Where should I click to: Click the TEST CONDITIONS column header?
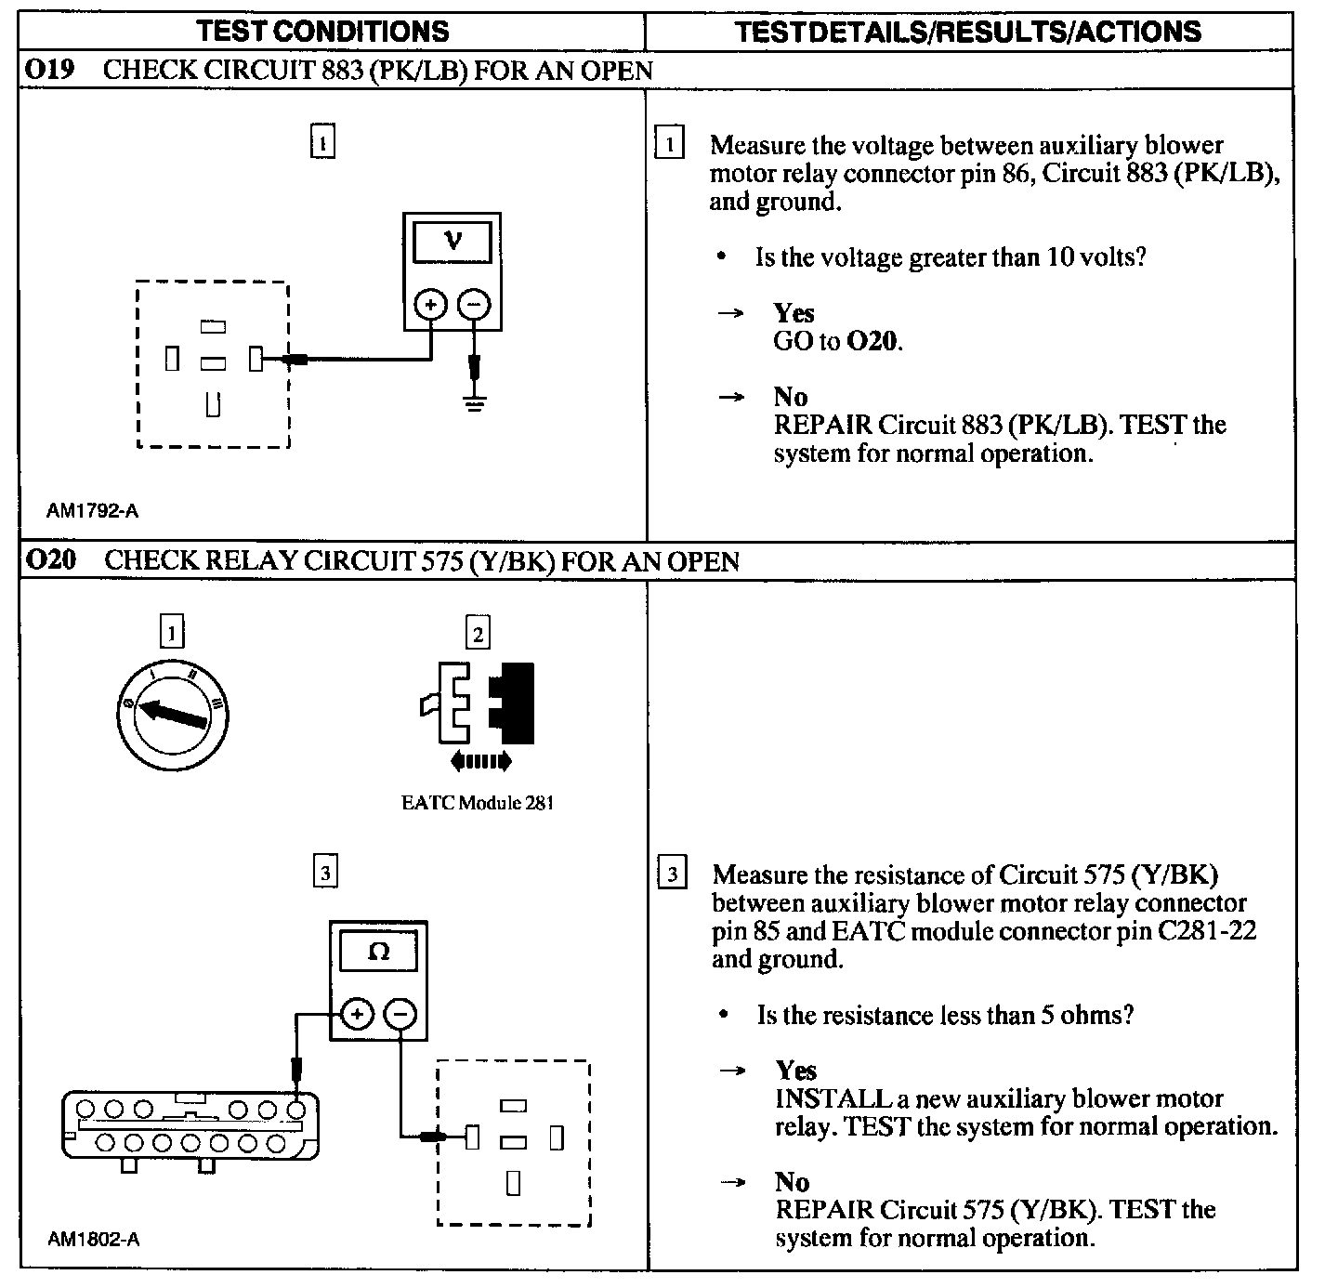tap(323, 32)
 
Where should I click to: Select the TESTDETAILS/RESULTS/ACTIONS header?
tap(967, 32)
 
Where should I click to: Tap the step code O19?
tap(50, 71)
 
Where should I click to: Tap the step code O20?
tap(51, 560)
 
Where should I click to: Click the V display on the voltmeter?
tap(453, 243)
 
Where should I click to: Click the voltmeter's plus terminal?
tap(430, 304)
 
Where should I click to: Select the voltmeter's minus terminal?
tap(475, 304)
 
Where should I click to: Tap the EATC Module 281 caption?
tap(478, 803)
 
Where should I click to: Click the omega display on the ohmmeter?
tap(378, 953)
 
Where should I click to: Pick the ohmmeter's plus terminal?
tap(357, 1014)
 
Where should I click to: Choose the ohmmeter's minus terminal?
tap(400, 1014)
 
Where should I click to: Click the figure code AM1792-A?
tap(93, 510)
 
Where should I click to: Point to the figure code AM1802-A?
tap(94, 1239)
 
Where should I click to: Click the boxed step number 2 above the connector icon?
tap(478, 634)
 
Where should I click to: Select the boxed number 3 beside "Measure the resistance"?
tap(672, 874)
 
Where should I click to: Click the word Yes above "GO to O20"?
tap(794, 313)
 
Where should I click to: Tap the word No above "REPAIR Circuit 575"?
tap(792, 1182)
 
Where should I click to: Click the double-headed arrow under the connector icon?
tap(479, 762)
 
